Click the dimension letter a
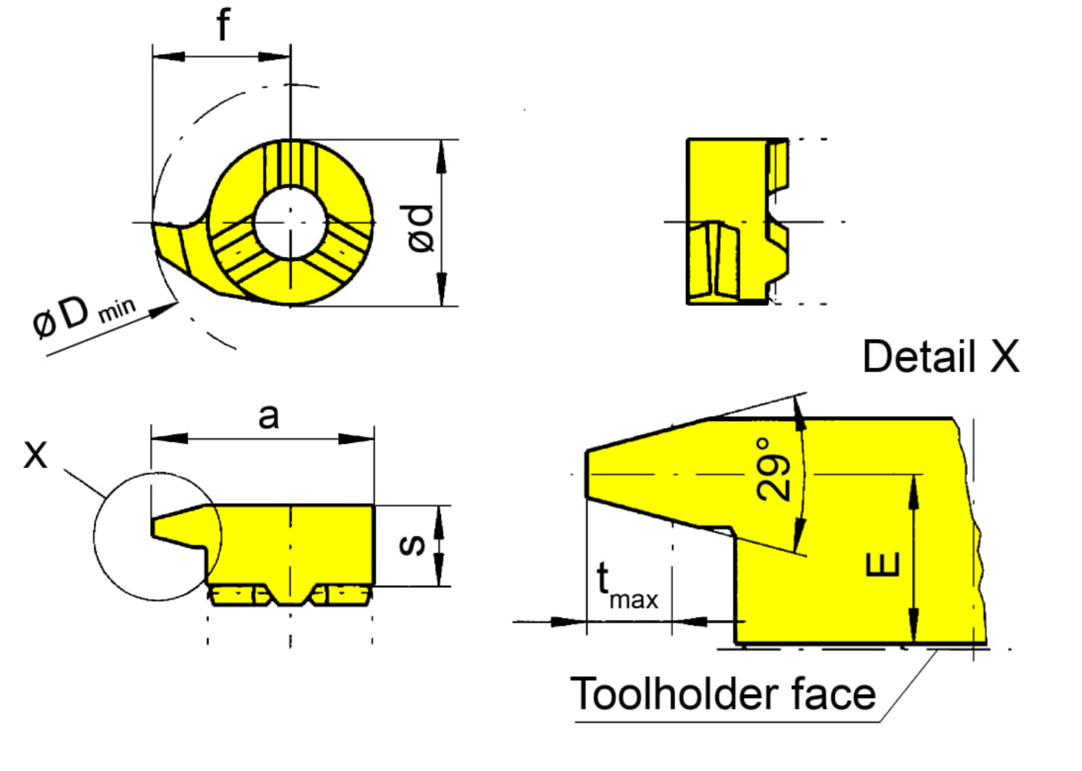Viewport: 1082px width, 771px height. [269, 416]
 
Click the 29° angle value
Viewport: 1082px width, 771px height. [773, 469]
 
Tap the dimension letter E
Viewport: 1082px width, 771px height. [884, 565]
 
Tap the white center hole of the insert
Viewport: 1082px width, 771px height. [290, 222]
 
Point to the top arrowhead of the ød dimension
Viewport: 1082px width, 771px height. [442, 156]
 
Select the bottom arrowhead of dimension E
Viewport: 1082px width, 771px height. [914, 628]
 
